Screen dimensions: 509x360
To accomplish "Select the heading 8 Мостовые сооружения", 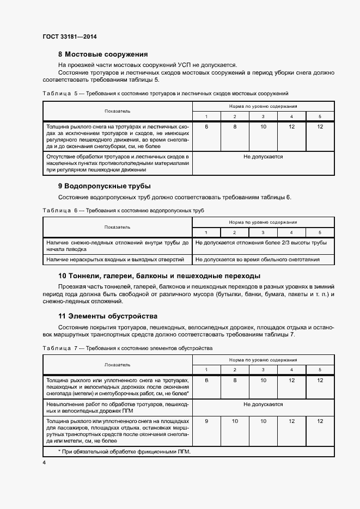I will [103, 54].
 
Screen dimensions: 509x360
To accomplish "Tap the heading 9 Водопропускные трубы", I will [104, 186].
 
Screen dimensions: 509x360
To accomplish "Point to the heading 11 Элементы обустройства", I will [107, 316].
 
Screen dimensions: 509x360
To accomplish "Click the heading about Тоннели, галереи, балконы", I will [159, 275].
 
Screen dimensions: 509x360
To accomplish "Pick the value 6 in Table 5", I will [206, 126].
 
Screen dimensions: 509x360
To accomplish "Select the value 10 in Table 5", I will [263, 126].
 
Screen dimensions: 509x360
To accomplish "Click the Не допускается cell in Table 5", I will [263, 157].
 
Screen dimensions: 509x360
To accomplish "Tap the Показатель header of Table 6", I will [118, 226].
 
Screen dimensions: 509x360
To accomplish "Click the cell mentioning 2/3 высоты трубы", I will [261, 242].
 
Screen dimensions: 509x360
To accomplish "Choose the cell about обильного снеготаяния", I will [257, 260].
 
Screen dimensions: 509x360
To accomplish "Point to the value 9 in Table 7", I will [206, 421].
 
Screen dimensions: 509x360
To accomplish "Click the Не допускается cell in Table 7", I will [263, 404].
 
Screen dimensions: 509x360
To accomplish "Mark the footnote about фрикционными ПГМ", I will [124, 452].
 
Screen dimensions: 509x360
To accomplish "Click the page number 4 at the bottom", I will [44, 463].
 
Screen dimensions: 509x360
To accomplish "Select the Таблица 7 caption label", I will [57, 347].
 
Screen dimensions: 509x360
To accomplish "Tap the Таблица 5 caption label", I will [57, 94].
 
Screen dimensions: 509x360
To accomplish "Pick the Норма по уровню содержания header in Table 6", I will [263, 222].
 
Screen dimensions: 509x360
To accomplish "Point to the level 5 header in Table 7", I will [320, 370].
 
